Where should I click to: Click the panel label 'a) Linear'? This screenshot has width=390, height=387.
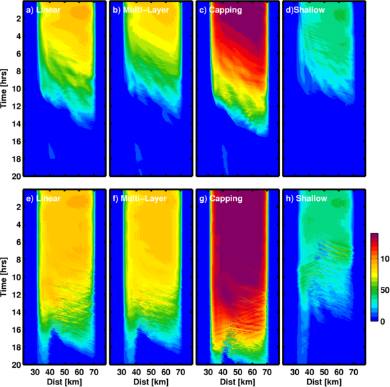43,10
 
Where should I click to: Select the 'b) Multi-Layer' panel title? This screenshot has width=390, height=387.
141,10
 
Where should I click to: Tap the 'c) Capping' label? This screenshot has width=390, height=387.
220,10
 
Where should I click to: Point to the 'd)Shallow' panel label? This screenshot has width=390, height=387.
305,10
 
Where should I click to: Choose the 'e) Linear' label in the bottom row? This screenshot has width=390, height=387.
43,198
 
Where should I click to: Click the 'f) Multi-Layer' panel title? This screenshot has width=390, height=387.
139,198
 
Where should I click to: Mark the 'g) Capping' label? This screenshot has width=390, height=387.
221,198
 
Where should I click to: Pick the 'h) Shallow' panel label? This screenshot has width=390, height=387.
306,198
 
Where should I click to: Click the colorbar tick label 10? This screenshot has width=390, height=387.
385,259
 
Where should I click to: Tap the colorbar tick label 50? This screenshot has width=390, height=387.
385,290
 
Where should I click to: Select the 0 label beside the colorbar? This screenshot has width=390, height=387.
383,321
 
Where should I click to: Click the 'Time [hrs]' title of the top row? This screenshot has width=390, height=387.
4,88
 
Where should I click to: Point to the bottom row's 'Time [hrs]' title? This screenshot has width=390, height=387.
4,276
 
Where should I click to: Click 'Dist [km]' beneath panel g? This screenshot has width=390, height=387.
237,382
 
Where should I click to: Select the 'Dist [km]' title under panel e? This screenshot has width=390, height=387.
64,382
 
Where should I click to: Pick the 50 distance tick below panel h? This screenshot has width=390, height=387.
324,372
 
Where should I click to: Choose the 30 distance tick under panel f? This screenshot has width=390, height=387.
121,372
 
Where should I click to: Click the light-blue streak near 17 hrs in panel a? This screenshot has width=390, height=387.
51,151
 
